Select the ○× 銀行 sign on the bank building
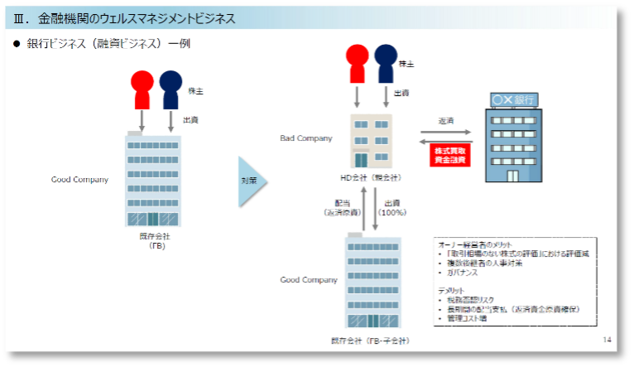point(513,99)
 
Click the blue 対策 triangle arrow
point(251,181)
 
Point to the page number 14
point(607,340)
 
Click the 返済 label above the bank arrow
point(446,120)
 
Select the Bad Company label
point(306,138)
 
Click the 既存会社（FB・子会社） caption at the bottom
point(370,340)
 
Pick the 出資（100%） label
point(392,207)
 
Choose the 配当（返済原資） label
point(343,207)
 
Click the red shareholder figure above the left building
point(142,87)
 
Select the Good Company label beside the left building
point(79,179)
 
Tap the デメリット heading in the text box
point(452,290)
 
